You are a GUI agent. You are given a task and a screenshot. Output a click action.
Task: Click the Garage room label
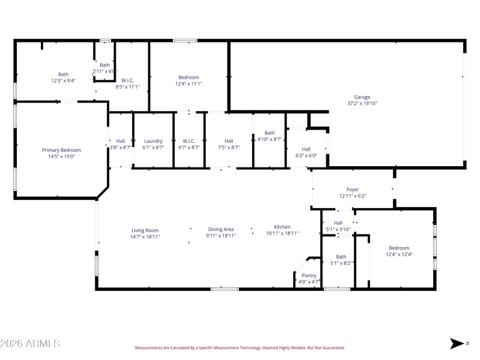tap(362, 97)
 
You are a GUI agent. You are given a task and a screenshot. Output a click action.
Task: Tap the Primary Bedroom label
tap(61, 150)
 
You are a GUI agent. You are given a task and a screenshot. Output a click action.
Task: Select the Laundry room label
tap(154, 141)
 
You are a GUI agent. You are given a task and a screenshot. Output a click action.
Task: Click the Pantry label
tap(309, 275)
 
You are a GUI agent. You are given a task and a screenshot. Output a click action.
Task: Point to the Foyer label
tap(352, 190)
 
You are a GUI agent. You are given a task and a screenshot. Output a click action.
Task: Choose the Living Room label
tap(145, 230)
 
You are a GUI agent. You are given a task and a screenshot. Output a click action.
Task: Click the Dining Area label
tap(221, 229)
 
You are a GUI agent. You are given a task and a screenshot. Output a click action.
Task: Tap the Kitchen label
tap(282, 227)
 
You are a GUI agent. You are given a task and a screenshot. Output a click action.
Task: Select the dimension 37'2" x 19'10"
tap(362, 103)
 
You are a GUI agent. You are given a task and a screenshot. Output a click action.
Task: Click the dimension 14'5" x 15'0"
tap(61, 157)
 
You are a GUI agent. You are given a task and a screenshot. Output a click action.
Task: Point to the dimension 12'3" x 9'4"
tap(63, 80)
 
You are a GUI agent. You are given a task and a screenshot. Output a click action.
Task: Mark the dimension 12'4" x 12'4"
tap(399, 254)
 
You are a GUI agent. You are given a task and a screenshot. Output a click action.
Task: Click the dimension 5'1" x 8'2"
tap(341, 263)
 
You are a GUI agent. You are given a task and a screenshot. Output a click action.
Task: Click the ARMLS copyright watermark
tap(30, 344)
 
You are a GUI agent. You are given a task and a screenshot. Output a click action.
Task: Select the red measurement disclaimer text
tap(239, 347)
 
